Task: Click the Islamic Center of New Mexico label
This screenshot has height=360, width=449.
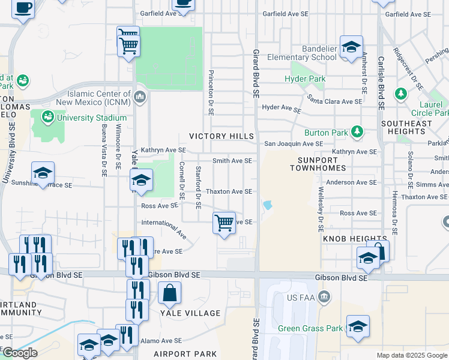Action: pyautogui.click(x=99, y=98)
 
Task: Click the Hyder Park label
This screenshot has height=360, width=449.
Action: pyautogui.click(x=305, y=79)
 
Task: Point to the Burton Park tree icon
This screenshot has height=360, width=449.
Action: pyautogui.click(x=358, y=131)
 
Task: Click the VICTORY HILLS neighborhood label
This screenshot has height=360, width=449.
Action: pyautogui.click(x=221, y=136)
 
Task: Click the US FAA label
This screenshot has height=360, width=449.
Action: pyautogui.click(x=301, y=298)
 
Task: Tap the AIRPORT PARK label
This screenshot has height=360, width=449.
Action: pyautogui.click(x=181, y=354)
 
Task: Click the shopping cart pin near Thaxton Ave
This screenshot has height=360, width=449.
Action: pyautogui.click(x=224, y=223)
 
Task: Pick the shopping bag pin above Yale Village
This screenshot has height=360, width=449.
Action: pyautogui.click(x=170, y=293)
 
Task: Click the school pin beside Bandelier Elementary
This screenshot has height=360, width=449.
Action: pyautogui.click(x=351, y=47)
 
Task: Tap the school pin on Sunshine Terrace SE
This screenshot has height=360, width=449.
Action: pyautogui.click(x=43, y=173)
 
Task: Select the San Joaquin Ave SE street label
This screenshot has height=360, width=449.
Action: pyautogui.click(x=294, y=144)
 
